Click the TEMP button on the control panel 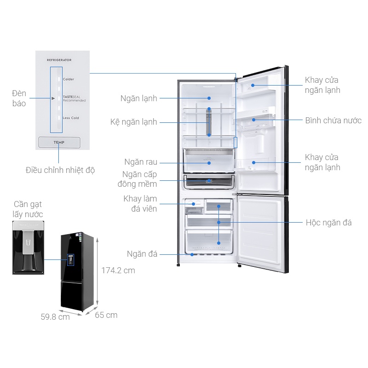click(59, 143)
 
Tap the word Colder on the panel click(69, 79)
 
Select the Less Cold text click(71, 118)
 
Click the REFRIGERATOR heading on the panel click(59, 60)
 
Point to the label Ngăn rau click(141, 162)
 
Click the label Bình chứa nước click(333, 121)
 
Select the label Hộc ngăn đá click(328, 223)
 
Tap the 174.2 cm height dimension click(118, 270)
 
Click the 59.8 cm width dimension click(55, 316)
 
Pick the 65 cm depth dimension click(106, 315)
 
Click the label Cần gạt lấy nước click(28, 209)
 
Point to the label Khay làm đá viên click(140, 204)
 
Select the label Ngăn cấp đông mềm click(140, 179)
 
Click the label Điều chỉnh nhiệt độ click(60, 170)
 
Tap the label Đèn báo click(19, 98)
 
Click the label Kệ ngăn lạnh click(134, 122)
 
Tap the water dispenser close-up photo click(28, 247)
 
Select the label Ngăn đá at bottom click(143, 254)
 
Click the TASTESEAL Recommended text click(74, 99)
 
